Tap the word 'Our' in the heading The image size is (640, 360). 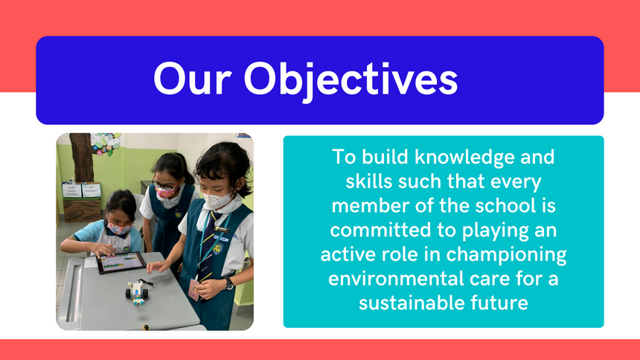(x=193, y=79)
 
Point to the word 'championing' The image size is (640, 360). (x=506, y=255)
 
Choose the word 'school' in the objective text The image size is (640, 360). (x=502, y=206)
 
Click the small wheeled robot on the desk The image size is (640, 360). (x=138, y=292)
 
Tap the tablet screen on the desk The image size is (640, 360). (x=121, y=262)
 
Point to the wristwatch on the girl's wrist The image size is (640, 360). (x=229, y=283)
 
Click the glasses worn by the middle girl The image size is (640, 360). (x=164, y=185)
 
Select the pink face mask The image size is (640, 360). (x=166, y=192)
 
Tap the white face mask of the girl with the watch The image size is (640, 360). (x=217, y=201)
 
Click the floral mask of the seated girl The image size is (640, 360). (x=118, y=228)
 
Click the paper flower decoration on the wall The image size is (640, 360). (x=106, y=144)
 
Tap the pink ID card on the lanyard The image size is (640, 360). (x=193, y=289)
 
